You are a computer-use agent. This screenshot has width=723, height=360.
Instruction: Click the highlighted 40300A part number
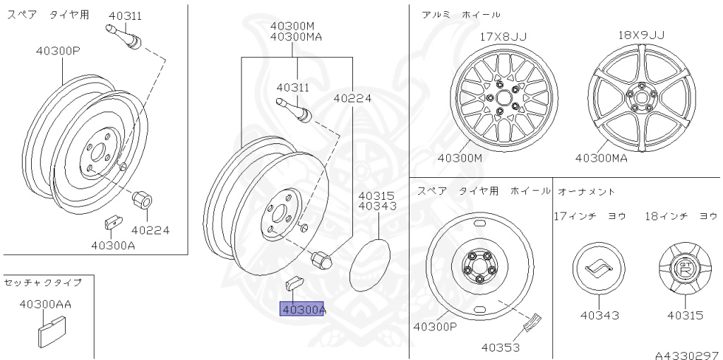pos(302,309)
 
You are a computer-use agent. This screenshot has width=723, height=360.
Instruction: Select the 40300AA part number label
pos(45,304)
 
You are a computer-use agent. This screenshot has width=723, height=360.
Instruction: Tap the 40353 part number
pos(501,347)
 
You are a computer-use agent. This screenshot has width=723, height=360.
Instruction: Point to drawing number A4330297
pos(688,355)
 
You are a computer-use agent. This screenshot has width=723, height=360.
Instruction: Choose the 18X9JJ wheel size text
pos(641,35)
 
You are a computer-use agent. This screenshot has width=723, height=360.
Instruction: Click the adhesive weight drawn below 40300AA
pos(51,331)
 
